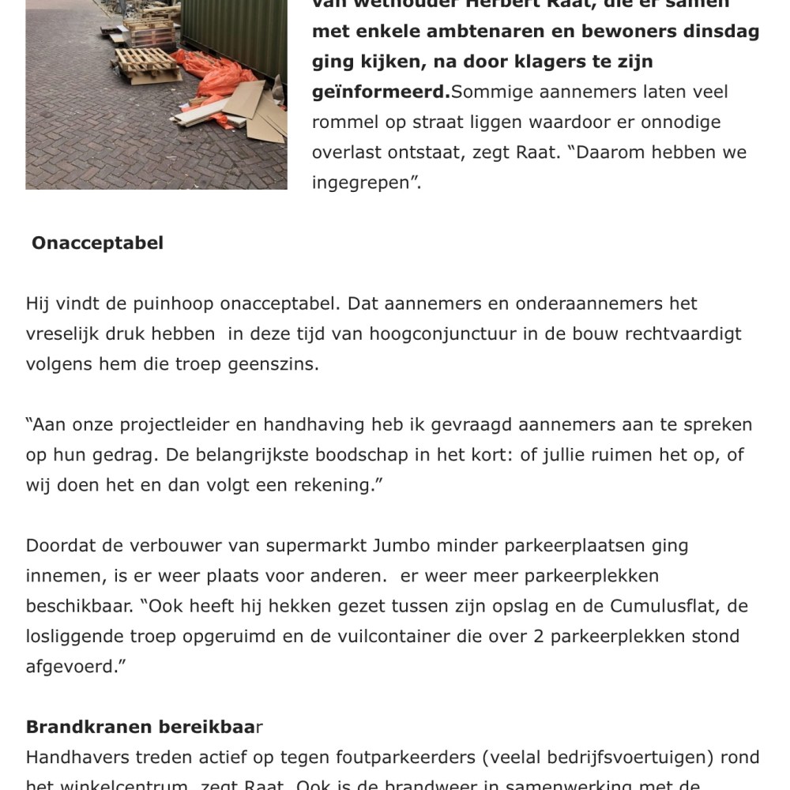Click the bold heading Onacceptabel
click(97, 243)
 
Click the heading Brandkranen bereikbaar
click(144, 727)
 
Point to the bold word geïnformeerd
click(380, 92)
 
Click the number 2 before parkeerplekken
click(539, 637)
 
